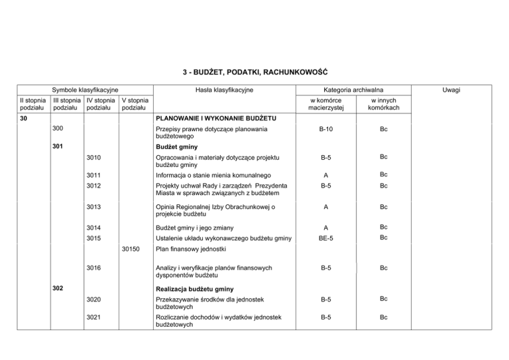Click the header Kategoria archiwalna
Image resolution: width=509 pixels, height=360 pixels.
point(349,90)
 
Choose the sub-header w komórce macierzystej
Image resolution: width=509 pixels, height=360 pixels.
point(320,104)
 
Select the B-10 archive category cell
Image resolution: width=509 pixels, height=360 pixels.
point(320,130)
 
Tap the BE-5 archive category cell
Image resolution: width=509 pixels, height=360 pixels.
point(320,237)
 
